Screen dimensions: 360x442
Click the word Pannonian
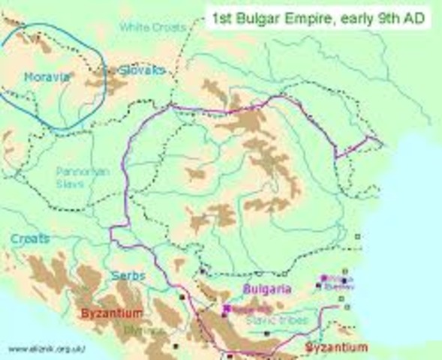tap(80, 170)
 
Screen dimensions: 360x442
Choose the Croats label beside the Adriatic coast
tap(30, 238)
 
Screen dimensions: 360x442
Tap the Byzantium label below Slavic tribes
tap(336, 347)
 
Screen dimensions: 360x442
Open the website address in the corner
tap(47, 349)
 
